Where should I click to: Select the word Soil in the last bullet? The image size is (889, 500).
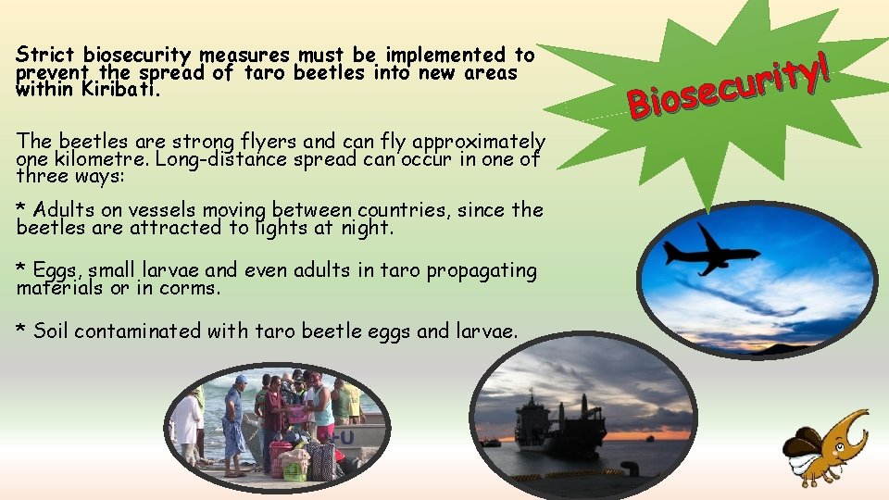(x=51, y=331)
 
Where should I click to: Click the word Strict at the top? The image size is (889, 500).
(x=46, y=55)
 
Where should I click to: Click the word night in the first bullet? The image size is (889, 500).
(x=370, y=227)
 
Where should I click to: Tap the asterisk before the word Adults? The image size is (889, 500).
(x=22, y=207)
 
